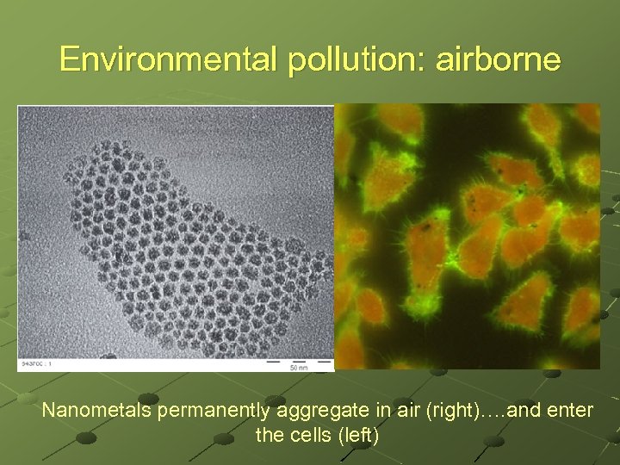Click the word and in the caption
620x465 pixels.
506,411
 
